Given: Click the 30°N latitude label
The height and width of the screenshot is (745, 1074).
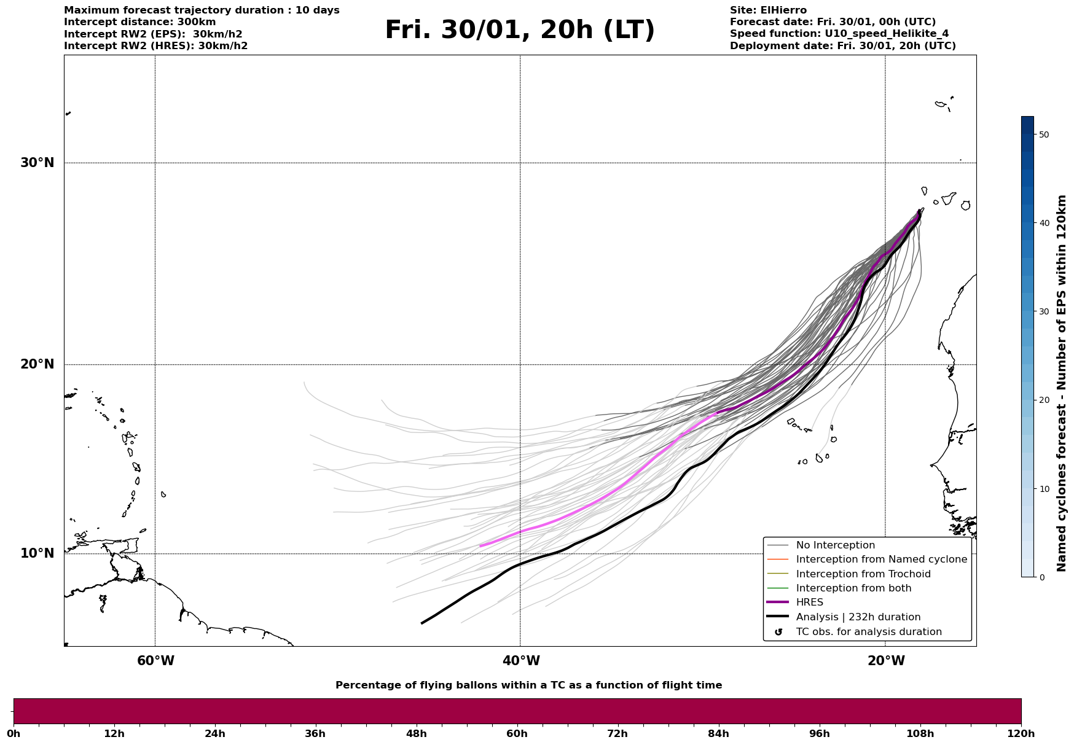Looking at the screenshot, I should [37, 163].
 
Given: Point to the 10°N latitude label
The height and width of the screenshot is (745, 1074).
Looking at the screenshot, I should [37, 553].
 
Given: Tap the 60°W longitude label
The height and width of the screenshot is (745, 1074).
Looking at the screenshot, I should [155, 661].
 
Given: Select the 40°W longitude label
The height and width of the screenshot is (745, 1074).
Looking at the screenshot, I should [521, 661].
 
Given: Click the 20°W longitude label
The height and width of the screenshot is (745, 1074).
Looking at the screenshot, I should [886, 661].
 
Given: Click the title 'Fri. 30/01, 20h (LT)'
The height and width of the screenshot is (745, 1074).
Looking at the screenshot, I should [520, 30].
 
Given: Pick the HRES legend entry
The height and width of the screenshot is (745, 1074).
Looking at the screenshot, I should [809, 603].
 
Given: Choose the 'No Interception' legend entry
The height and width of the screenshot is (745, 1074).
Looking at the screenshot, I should [835, 545].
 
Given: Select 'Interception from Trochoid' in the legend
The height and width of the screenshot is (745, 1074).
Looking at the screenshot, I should [863, 574].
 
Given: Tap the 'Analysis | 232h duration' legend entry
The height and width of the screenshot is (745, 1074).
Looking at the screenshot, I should [858, 617].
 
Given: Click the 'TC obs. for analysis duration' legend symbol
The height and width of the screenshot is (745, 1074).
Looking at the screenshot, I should [778, 632].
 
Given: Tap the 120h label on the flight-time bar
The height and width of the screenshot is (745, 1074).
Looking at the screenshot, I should [1021, 733].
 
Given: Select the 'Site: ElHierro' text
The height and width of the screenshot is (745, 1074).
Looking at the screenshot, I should [768, 10].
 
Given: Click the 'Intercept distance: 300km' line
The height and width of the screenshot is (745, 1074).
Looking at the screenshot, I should [139, 22].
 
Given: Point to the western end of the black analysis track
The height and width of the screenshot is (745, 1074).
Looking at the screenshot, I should [422, 623].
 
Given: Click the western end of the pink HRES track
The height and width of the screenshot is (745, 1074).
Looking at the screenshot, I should [480, 546].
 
